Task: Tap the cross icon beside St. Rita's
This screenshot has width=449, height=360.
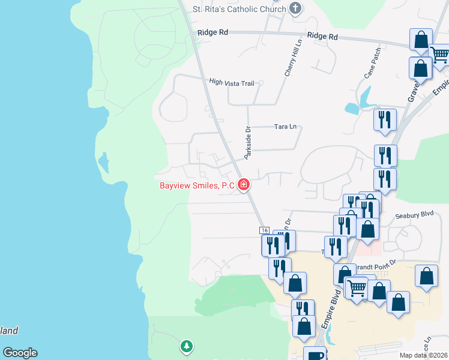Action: point(295,8)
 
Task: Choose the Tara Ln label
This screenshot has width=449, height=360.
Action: point(285,127)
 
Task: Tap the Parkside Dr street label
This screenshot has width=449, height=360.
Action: point(247,143)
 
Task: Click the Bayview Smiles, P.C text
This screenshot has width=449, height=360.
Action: point(197,185)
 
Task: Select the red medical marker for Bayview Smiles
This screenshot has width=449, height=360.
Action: point(244,185)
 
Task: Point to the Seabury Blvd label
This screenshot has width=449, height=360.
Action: point(414,214)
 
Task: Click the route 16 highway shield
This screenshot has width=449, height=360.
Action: point(264,230)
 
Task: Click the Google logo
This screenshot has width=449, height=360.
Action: point(20,353)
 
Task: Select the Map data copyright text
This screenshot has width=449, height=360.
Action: point(424,355)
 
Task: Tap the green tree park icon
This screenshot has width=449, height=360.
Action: point(187,346)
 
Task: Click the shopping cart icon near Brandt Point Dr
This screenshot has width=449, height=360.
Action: point(357,289)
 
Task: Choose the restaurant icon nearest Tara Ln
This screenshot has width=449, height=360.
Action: point(384,120)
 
